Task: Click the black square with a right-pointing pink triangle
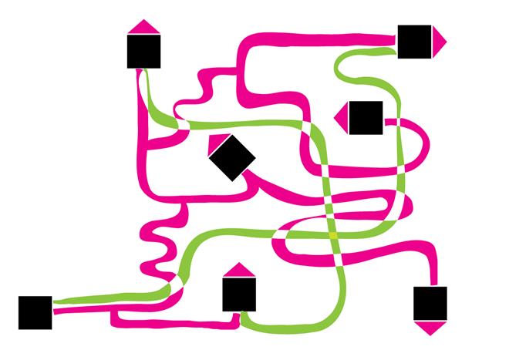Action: [x=414, y=42]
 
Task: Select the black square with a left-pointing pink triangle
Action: [x=366, y=117]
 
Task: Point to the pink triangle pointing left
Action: [x=342, y=117]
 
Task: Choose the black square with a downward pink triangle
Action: [x=430, y=303]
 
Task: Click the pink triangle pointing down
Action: [x=430, y=328]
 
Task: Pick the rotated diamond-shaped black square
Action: [x=231, y=157]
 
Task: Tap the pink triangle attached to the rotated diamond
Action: [x=218, y=140]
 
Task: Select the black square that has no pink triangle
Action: [x=35, y=312]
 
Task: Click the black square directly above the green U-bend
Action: [x=239, y=294]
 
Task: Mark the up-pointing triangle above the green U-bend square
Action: [x=239, y=270]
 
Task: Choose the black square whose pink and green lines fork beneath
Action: [x=143, y=52]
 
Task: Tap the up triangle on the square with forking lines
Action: [x=143, y=27]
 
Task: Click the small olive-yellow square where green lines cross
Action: [x=333, y=234]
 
